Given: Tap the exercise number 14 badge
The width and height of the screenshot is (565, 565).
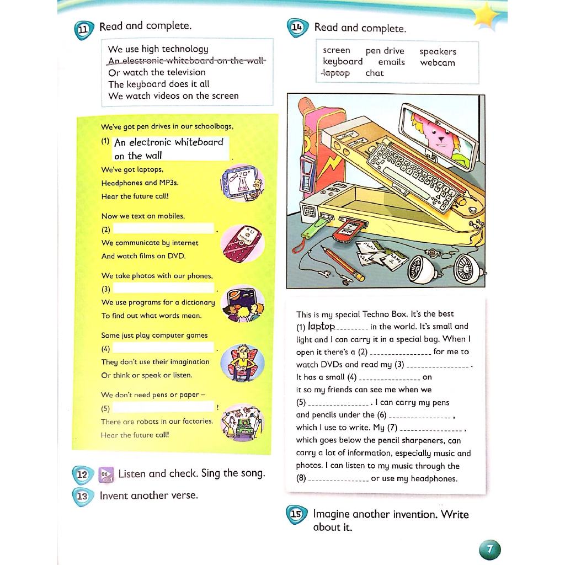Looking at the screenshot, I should (297, 28).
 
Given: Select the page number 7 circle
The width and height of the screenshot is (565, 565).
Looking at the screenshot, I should (490, 549).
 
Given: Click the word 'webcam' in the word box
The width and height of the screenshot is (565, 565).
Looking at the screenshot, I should (438, 62).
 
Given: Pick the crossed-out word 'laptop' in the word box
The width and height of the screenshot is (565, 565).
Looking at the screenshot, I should (336, 73).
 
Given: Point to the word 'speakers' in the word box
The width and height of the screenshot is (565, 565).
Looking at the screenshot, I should (438, 51).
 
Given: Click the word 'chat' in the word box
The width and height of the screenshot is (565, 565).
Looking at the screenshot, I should (374, 73).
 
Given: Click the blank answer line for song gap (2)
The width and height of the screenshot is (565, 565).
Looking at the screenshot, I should (163, 228).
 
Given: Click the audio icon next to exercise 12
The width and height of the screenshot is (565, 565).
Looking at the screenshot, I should (106, 475).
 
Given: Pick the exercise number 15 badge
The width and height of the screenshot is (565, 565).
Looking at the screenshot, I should (296, 515).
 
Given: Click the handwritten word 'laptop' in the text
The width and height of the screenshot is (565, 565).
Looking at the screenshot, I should (321, 326).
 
